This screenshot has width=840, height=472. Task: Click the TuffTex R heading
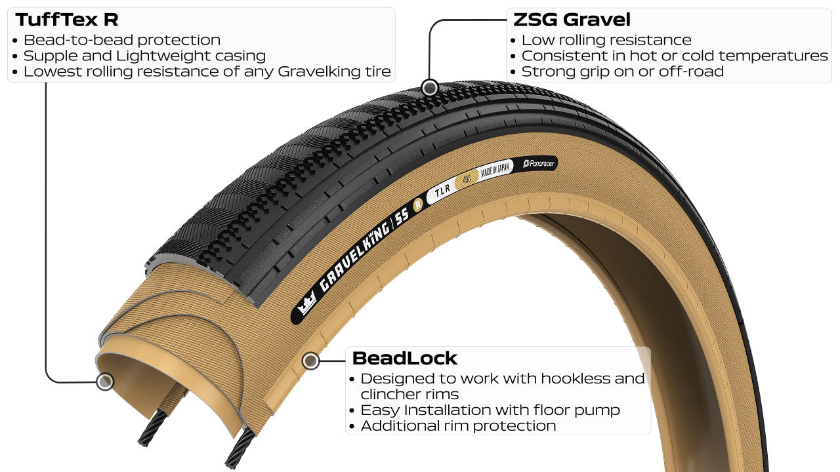pos(67,20)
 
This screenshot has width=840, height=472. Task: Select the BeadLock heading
pos(404,358)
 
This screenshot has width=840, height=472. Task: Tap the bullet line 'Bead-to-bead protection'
pos(121,40)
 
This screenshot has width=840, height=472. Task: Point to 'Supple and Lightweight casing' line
pos(144,56)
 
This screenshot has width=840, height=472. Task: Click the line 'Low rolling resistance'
pos(606,40)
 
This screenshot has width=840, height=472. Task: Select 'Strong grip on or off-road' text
pos(622,71)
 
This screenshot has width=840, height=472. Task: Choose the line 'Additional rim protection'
pos(458,425)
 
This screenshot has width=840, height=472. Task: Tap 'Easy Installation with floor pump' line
pos(490,410)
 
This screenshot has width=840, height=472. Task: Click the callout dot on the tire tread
pos(429,87)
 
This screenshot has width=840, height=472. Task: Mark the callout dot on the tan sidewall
pos(310,360)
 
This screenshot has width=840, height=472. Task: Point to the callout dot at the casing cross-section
pos(104,382)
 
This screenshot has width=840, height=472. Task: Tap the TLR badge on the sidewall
pos(441,192)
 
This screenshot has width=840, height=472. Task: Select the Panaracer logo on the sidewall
pos(539,163)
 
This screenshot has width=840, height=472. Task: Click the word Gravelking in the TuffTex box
pos(312,71)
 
